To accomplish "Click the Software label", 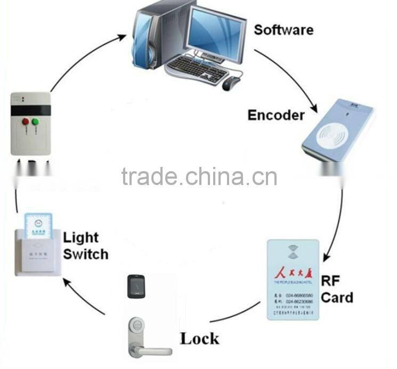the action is (283, 29).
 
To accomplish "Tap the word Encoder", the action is (276, 115).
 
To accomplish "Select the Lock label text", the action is (199, 338).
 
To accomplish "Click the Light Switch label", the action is (85, 245).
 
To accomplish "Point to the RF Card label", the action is (337, 288).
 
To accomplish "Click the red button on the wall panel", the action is (25, 122).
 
